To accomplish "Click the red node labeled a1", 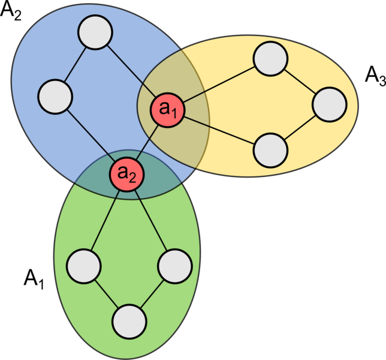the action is pos(167,110).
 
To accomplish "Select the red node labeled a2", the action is pos(127,175).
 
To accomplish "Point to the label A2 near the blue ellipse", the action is pos(11,11).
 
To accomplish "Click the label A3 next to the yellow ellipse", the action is pos(375,76).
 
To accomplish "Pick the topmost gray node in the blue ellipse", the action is pos(95,32).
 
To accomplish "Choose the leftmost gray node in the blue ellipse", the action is pos(55,97).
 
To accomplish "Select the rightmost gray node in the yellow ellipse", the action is pos(330,104).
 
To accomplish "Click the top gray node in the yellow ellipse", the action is pos(270,59).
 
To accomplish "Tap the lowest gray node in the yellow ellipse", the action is pos(270,151).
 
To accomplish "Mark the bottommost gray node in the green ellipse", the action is pos(129,322).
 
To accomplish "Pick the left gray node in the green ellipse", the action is pos(84,266).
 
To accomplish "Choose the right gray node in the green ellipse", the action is pos(175,266).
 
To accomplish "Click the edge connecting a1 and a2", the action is pos(147,142).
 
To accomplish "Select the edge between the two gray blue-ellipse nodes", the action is pos(75,64).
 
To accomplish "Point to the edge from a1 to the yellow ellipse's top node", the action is pos(219,84).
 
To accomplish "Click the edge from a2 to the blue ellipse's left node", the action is pos(91,136).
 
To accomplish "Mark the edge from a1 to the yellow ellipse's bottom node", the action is pos(219,131).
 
